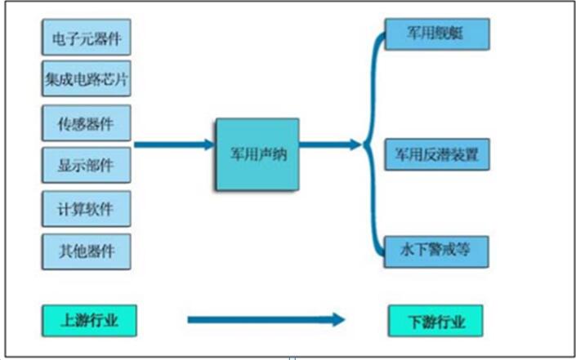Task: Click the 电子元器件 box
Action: [85, 38]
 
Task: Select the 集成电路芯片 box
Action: [85, 80]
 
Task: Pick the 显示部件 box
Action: [85, 166]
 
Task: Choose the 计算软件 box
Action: [85, 209]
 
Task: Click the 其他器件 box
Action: [85, 250]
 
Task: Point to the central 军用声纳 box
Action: [257, 152]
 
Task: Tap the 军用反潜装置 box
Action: [436, 153]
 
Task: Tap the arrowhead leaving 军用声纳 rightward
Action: [353, 145]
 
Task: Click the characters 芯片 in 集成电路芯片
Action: [118, 80]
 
